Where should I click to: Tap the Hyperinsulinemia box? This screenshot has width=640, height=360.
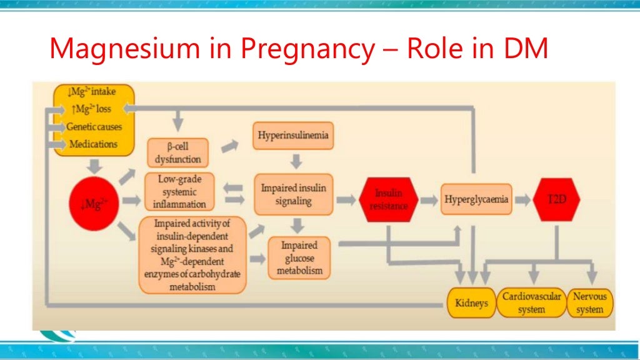[292, 134]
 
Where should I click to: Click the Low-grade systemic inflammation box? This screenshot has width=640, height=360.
[179, 191]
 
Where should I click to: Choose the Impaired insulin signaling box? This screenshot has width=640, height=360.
[293, 194]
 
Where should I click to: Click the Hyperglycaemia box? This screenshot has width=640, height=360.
[476, 200]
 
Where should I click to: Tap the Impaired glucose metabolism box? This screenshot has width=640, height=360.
[299, 257]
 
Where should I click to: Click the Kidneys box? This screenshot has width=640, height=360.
[471, 303]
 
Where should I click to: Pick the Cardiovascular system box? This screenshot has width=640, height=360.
[531, 303]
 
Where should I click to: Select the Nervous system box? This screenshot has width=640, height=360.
[589, 303]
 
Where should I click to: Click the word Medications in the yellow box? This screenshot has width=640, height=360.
[93, 144]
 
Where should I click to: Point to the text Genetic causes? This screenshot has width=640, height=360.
[94, 126]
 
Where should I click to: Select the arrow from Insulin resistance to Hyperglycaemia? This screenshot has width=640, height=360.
[429, 200]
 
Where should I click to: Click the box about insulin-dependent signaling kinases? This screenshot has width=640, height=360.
[192, 254]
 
